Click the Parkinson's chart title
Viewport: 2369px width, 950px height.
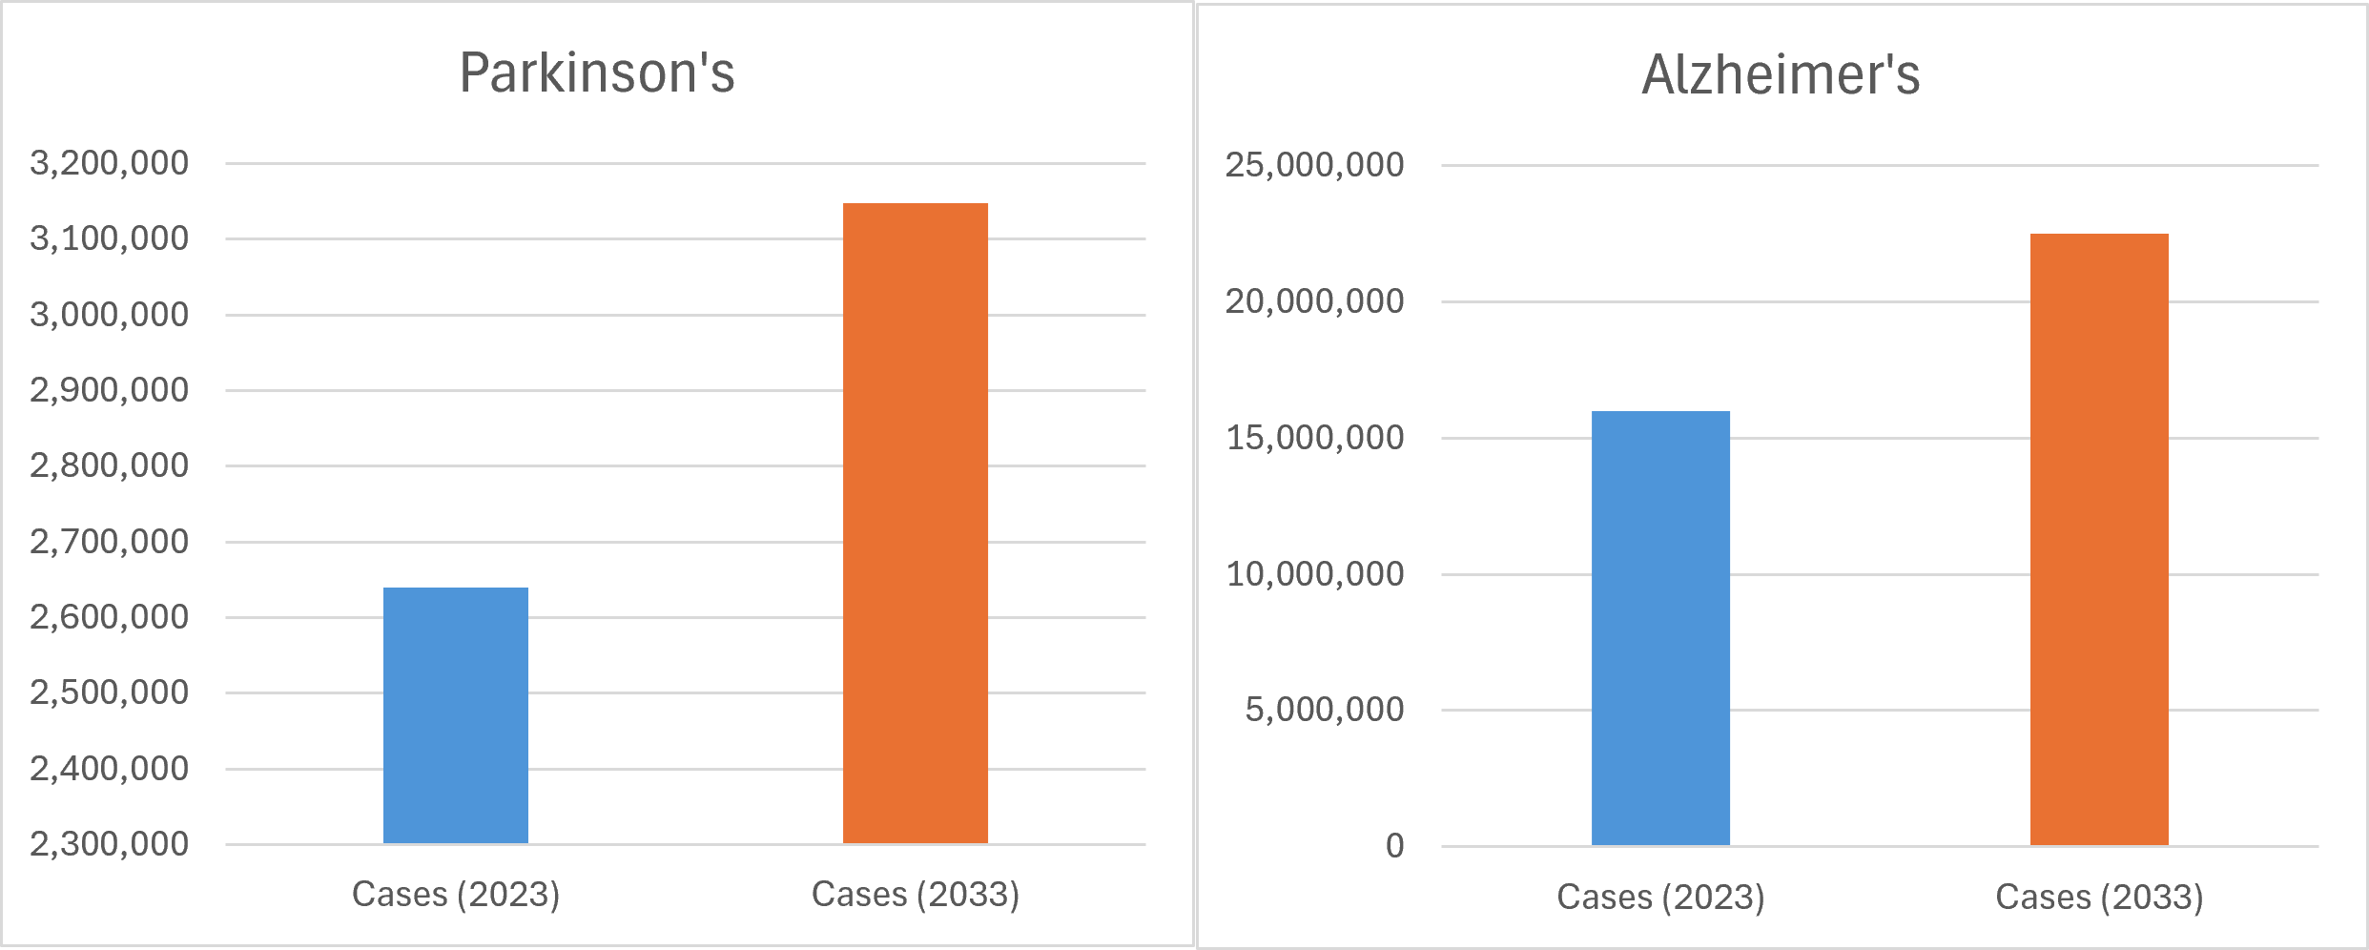point(597,72)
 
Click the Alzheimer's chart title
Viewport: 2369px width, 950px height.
point(1781,74)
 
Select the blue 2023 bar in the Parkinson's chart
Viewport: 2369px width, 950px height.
point(456,715)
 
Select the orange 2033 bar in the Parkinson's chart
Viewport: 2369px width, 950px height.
point(916,523)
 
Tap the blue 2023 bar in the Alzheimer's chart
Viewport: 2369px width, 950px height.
point(1660,628)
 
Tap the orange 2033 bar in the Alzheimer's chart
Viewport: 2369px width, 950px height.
point(2099,539)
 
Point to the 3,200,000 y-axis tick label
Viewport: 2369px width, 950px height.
point(110,163)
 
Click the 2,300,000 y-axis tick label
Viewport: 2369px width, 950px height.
point(110,844)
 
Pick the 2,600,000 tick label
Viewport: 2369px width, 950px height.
point(110,617)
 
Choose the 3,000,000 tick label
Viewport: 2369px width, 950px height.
point(110,315)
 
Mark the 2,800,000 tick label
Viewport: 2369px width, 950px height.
point(110,465)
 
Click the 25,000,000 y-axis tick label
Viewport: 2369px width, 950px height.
point(1314,165)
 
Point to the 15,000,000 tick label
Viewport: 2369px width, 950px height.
point(1314,438)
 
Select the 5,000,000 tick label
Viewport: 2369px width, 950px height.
point(1324,710)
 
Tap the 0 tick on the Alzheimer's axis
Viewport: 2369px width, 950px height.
point(1394,846)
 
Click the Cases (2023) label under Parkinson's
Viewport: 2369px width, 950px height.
point(456,895)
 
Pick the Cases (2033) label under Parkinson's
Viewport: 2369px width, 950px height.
point(916,895)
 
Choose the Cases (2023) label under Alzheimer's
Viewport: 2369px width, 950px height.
point(1660,898)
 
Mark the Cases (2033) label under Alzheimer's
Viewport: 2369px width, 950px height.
point(2099,898)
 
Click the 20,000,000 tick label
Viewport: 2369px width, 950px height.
point(1314,301)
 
